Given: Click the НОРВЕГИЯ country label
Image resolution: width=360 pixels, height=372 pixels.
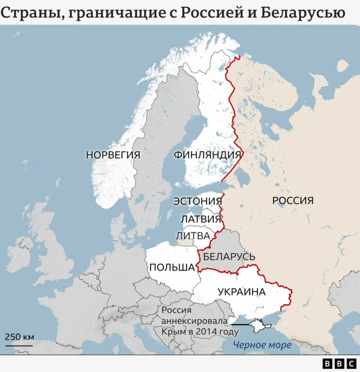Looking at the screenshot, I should pos(113,155).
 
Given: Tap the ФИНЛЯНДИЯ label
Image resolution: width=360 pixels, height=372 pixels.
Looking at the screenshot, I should pos(208,155).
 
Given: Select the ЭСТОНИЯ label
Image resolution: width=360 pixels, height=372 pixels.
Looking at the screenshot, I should pos(197,201).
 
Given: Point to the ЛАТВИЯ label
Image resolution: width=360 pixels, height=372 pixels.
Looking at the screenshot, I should pos(201,219).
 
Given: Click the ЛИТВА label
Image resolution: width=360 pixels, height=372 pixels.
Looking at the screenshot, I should pos(193,235).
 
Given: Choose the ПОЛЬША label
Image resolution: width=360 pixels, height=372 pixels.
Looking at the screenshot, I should pos(172,267).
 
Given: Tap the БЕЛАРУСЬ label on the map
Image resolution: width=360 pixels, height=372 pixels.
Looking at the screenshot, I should pos(229,257).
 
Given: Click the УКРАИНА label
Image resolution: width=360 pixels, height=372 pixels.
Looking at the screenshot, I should pos(241,292).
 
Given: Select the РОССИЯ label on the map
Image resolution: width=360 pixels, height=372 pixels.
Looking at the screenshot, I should pos(292,200).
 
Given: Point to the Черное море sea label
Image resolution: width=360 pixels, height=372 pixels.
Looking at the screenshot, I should pos(262,345).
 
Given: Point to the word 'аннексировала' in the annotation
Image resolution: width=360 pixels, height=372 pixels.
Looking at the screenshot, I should pos(195,321).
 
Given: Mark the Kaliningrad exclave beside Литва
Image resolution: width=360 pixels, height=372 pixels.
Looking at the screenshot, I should pos(185,243).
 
